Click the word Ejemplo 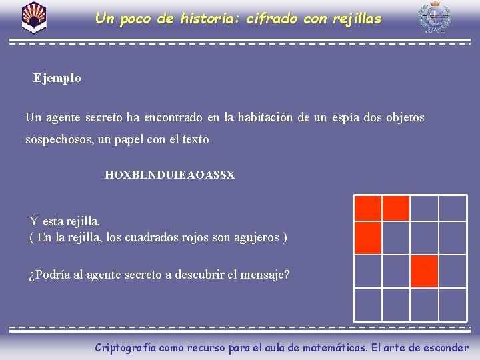(57, 78)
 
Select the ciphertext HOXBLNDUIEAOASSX (169, 175)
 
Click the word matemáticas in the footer (333, 347)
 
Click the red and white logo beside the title (33, 17)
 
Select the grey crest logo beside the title (434, 17)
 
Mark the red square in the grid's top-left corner (368, 208)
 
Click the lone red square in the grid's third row (424, 271)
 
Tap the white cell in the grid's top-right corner (453, 208)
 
